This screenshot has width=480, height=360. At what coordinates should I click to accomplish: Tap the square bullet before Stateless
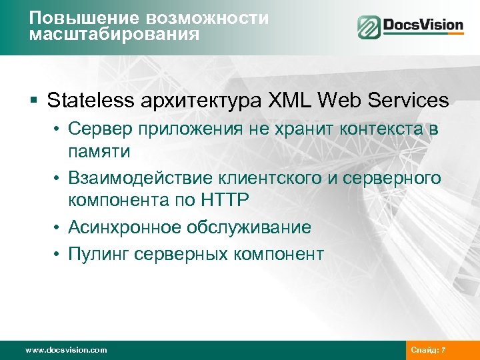pyautogui.click(x=34, y=101)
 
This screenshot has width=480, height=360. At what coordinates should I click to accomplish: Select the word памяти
pyautogui.click(x=98, y=151)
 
